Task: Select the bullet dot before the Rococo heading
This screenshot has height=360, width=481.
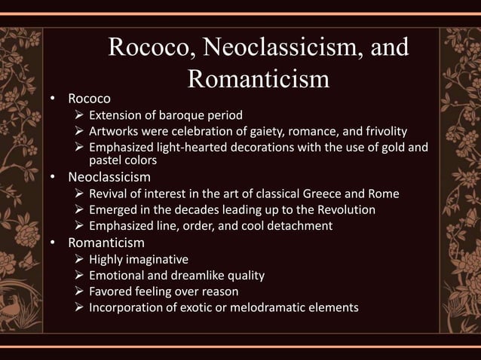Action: [x=54, y=99]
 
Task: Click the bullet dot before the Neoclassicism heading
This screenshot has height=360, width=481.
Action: [x=54, y=178]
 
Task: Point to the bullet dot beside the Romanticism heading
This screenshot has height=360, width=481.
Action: [x=54, y=243]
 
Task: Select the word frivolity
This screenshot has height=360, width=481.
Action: [x=380, y=131]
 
